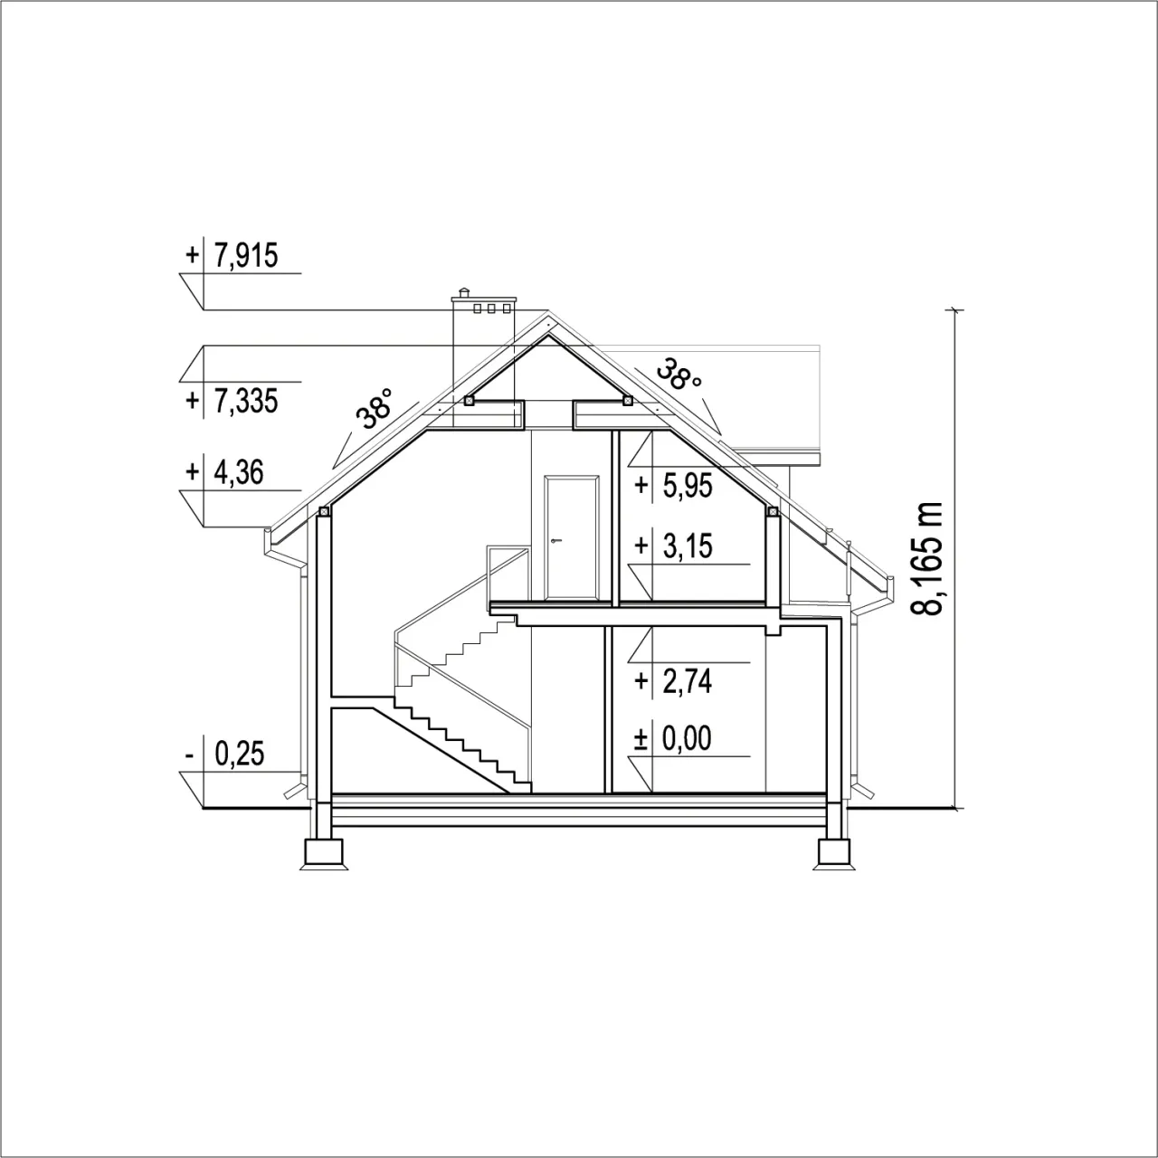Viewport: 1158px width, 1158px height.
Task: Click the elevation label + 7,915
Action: (x=232, y=256)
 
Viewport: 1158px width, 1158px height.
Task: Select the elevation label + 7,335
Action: (x=232, y=401)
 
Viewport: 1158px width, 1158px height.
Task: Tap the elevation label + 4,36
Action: (x=224, y=471)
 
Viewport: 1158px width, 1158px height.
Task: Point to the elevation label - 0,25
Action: (x=224, y=754)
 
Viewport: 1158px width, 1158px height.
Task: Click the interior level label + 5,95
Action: (x=674, y=485)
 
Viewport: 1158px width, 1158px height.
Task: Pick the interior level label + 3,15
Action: (x=674, y=546)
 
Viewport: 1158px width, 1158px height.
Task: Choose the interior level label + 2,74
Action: (x=674, y=681)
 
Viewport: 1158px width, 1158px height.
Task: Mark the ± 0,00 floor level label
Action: (x=674, y=738)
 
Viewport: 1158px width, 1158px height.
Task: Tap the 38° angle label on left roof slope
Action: (x=375, y=409)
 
